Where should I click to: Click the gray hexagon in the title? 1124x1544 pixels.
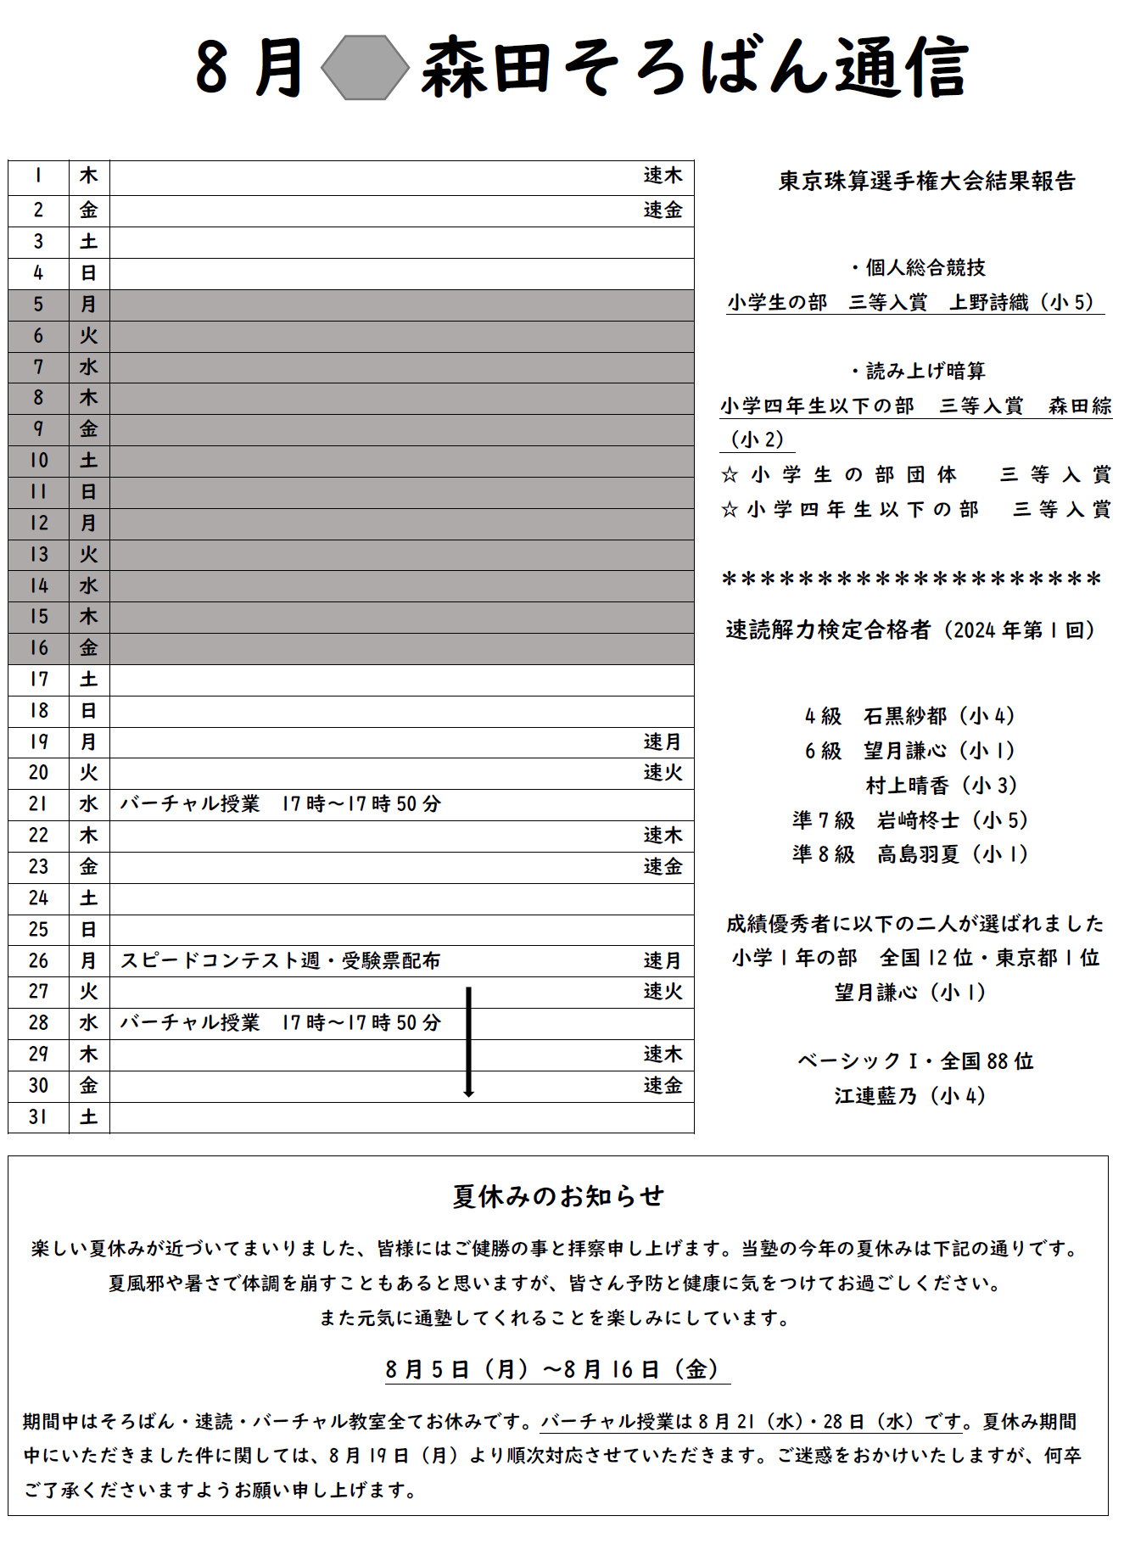(365, 68)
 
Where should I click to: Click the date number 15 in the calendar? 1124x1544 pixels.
(39, 617)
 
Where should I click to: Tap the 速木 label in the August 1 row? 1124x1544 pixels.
(663, 176)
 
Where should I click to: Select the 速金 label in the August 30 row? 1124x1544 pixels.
(663, 1086)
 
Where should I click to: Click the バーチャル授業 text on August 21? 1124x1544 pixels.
(190, 804)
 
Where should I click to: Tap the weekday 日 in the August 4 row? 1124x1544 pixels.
(88, 273)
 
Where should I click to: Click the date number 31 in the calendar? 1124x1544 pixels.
(38, 1117)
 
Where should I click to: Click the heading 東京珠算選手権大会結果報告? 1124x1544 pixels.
(927, 181)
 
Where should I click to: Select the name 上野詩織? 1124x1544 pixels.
(989, 303)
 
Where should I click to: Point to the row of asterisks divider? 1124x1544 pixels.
(911, 580)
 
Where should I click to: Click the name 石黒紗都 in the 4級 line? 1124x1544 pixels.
(905, 716)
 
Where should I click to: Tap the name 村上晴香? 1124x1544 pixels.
(907, 786)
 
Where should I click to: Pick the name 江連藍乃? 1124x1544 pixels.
(875, 1096)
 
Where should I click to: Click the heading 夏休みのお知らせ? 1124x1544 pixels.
(558, 1196)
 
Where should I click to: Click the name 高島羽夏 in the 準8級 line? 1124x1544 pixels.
(919, 854)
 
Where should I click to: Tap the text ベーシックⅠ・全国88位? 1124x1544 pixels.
(915, 1061)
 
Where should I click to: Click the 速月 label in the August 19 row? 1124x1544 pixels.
(663, 742)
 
